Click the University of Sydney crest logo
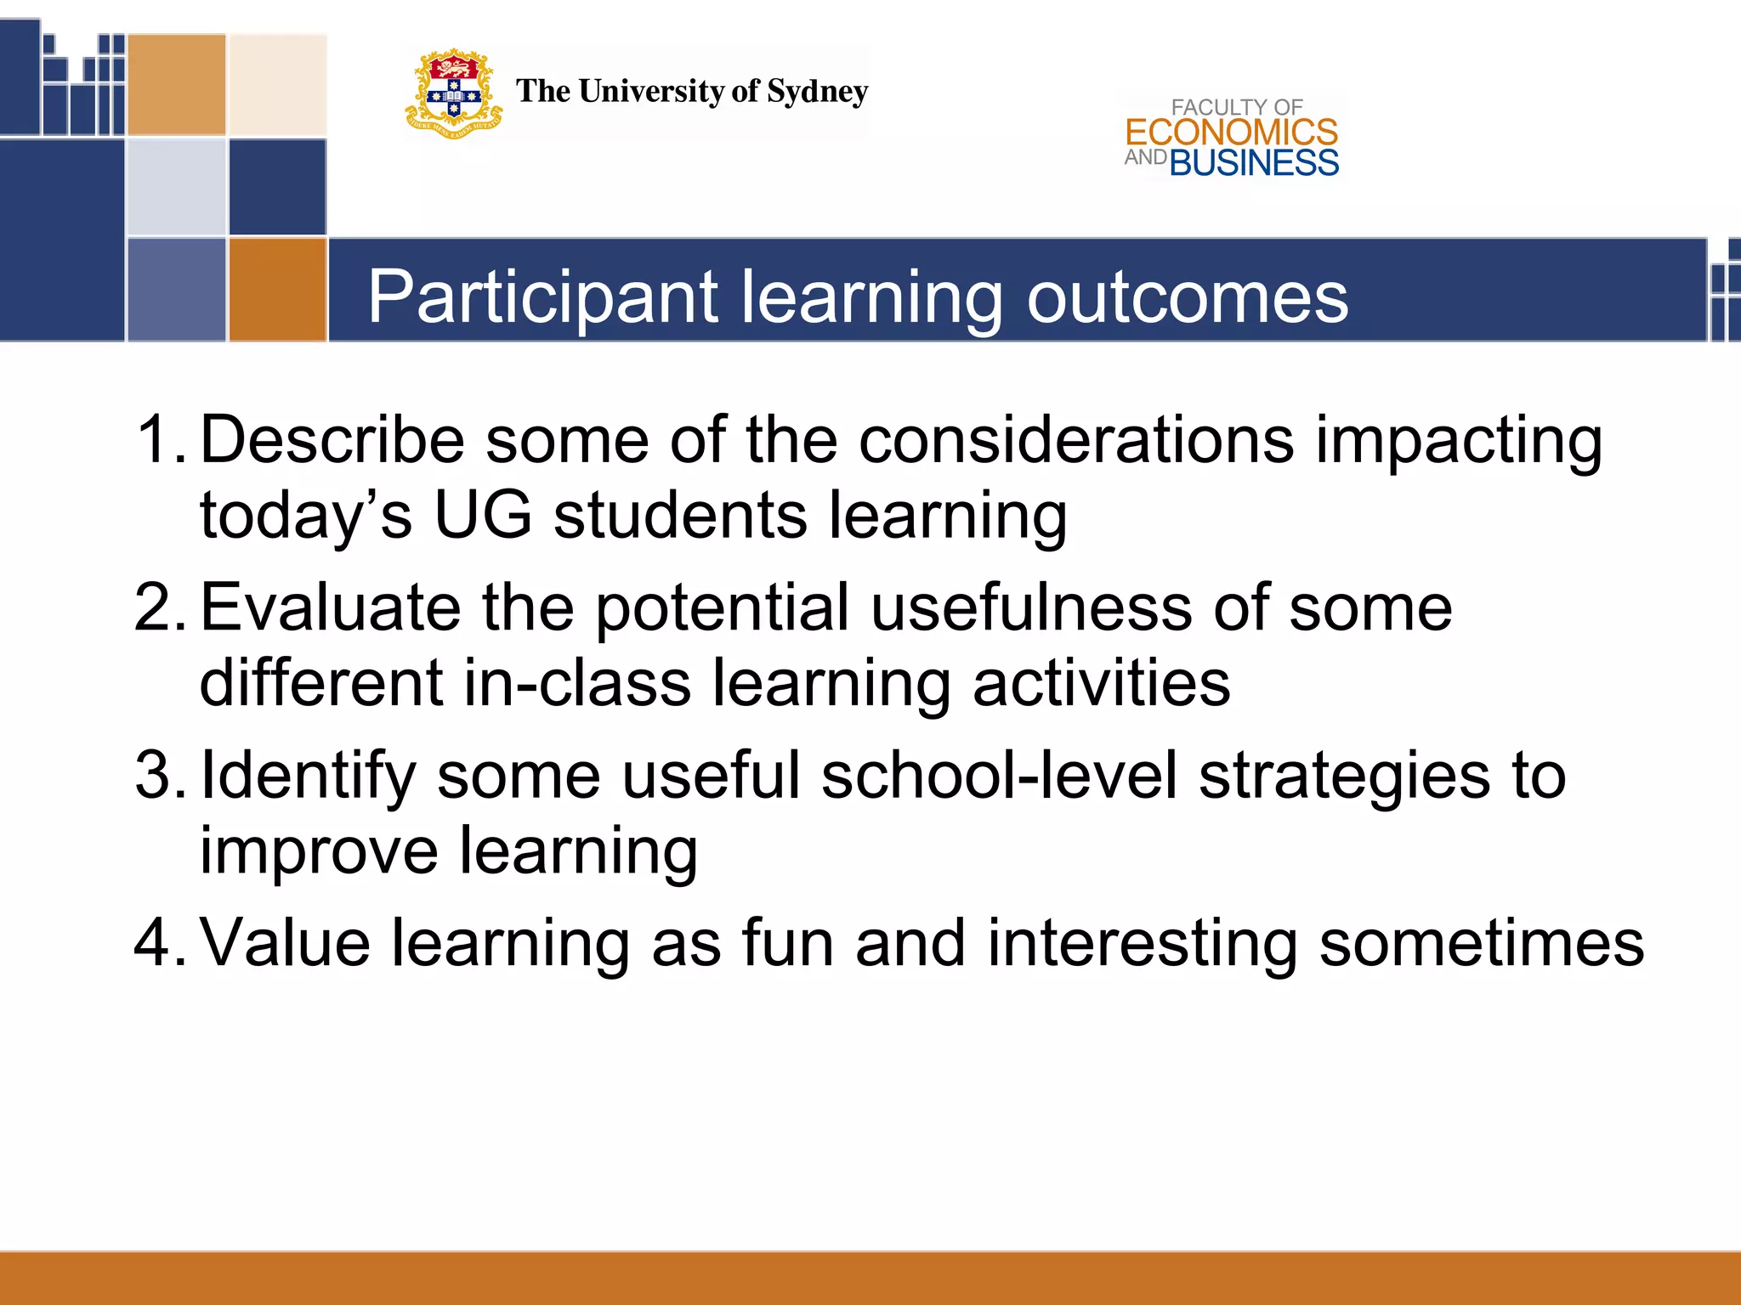click(453, 93)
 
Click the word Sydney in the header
click(817, 92)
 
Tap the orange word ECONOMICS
click(1231, 133)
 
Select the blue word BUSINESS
click(1254, 163)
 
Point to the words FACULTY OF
click(1236, 107)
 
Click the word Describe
click(332, 439)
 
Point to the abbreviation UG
click(482, 515)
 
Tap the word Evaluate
click(330, 607)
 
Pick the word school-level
click(999, 775)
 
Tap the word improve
click(319, 851)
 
